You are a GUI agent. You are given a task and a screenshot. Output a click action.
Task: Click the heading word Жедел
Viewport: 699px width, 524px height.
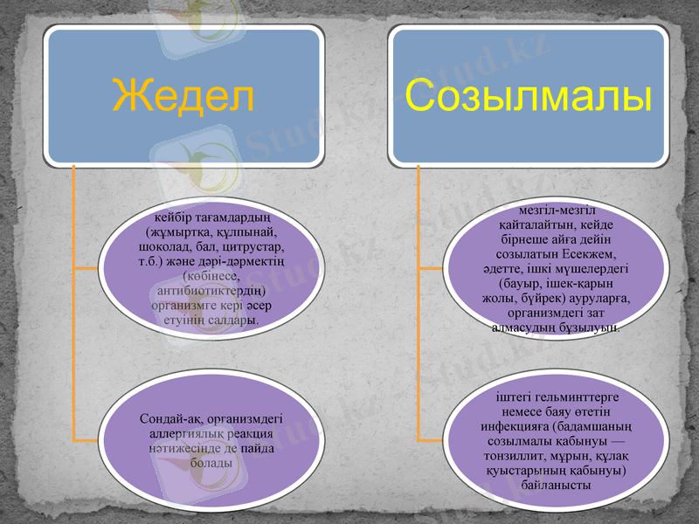183,96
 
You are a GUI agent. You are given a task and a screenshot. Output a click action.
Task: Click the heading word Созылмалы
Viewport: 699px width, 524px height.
529,96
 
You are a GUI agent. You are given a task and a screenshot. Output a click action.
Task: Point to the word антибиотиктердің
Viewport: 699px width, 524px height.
209,291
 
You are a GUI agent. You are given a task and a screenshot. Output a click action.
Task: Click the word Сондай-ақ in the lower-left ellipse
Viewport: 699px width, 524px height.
170,418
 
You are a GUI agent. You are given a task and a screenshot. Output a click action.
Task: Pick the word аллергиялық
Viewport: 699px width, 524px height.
183,433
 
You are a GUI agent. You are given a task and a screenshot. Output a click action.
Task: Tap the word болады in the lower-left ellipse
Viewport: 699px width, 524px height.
210,463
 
